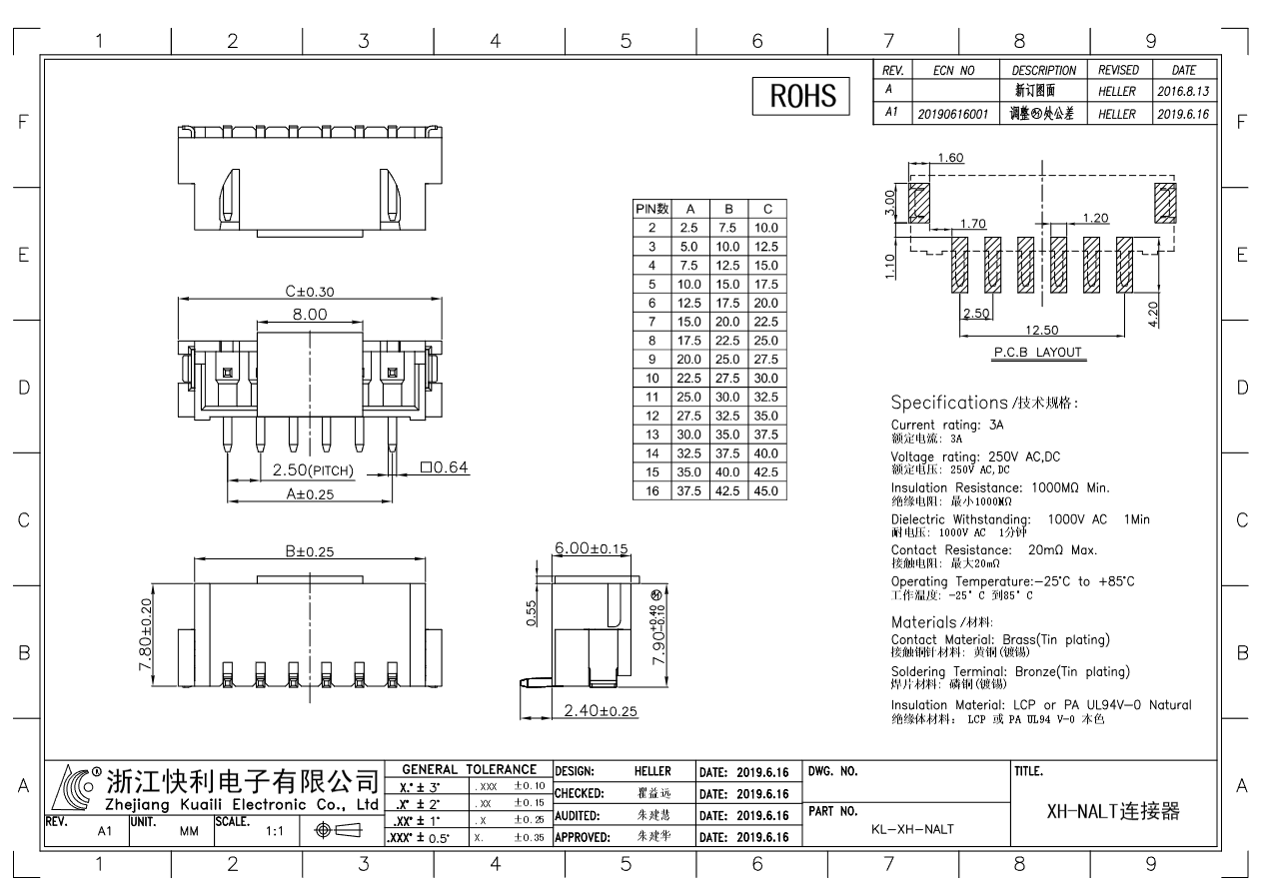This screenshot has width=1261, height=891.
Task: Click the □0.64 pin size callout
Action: [445, 467]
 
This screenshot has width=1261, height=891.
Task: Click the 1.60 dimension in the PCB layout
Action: [949, 158]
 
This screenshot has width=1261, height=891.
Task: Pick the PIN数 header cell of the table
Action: [651, 210]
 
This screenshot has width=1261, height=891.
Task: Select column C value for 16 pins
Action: [765, 491]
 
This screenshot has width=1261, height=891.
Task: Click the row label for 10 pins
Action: [651, 379]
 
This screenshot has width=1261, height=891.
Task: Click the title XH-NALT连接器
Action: [1112, 811]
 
